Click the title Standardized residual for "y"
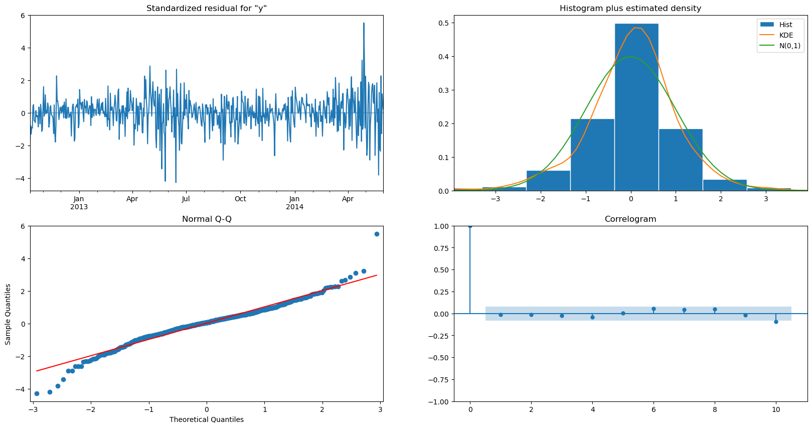click(207, 8)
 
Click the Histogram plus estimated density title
click(630, 8)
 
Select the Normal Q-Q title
click(207, 219)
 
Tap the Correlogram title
click(630, 219)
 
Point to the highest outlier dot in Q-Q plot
click(377, 234)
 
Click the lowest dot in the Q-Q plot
click(37, 393)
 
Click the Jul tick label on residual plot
click(186, 199)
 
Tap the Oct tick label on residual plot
click(240, 199)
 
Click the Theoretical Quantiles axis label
click(207, 419)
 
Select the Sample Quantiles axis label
click(8, 314)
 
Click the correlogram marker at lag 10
click(776, 322)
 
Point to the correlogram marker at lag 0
click(470, 226)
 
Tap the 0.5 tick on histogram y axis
click(443, 23)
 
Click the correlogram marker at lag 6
click(654, 309)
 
